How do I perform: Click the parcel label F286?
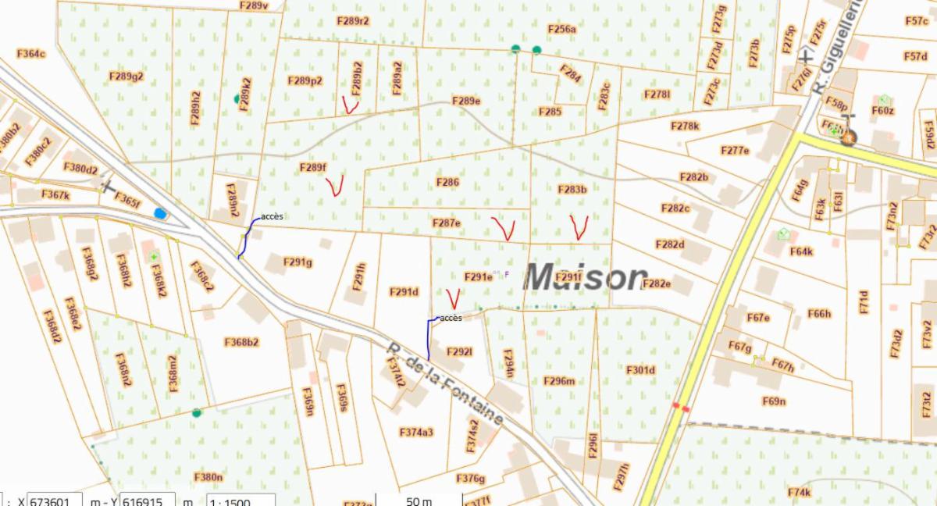448,183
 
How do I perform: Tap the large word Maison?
586,276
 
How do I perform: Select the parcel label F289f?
312,168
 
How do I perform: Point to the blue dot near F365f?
161,212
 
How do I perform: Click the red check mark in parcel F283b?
579,226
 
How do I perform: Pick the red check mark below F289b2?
350,105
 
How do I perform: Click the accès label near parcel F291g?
272,216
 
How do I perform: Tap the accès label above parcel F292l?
451,318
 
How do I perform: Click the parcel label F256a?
561,29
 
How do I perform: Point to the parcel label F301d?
640,370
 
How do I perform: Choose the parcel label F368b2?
241,342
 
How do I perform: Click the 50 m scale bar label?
419,501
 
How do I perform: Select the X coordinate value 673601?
55,501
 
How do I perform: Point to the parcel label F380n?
208,476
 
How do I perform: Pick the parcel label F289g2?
126,77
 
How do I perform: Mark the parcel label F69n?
773,401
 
